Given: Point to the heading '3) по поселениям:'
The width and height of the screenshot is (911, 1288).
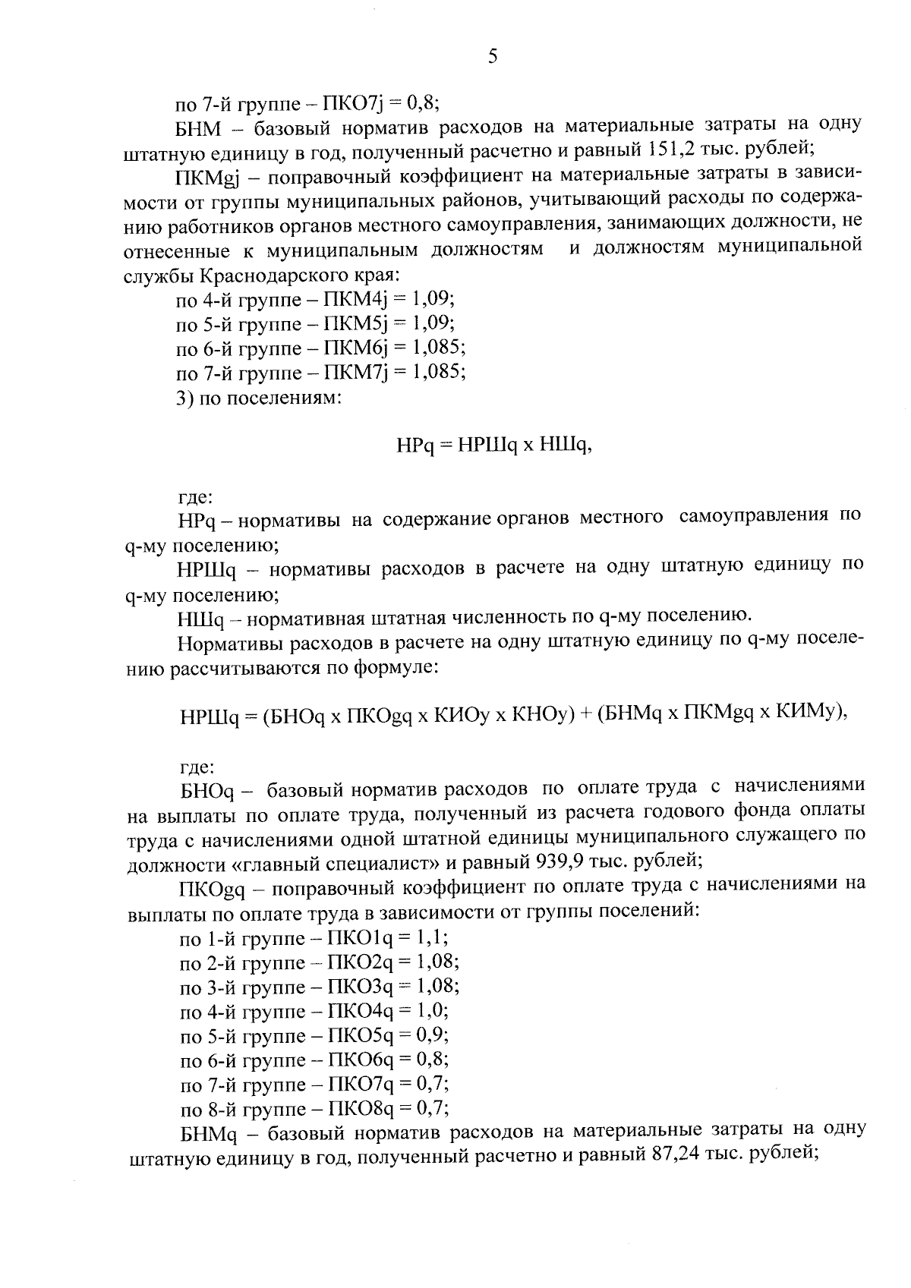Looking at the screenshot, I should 258,398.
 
